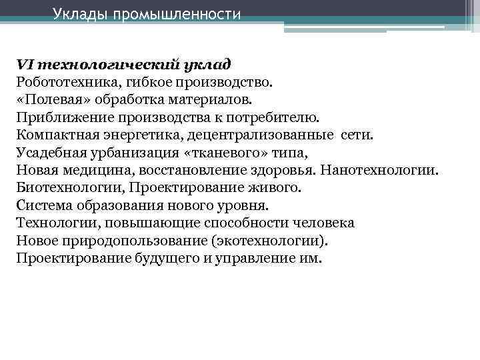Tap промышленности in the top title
177,14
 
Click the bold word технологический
99,65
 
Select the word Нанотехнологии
380,170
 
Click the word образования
109,205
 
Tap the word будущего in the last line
175,257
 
